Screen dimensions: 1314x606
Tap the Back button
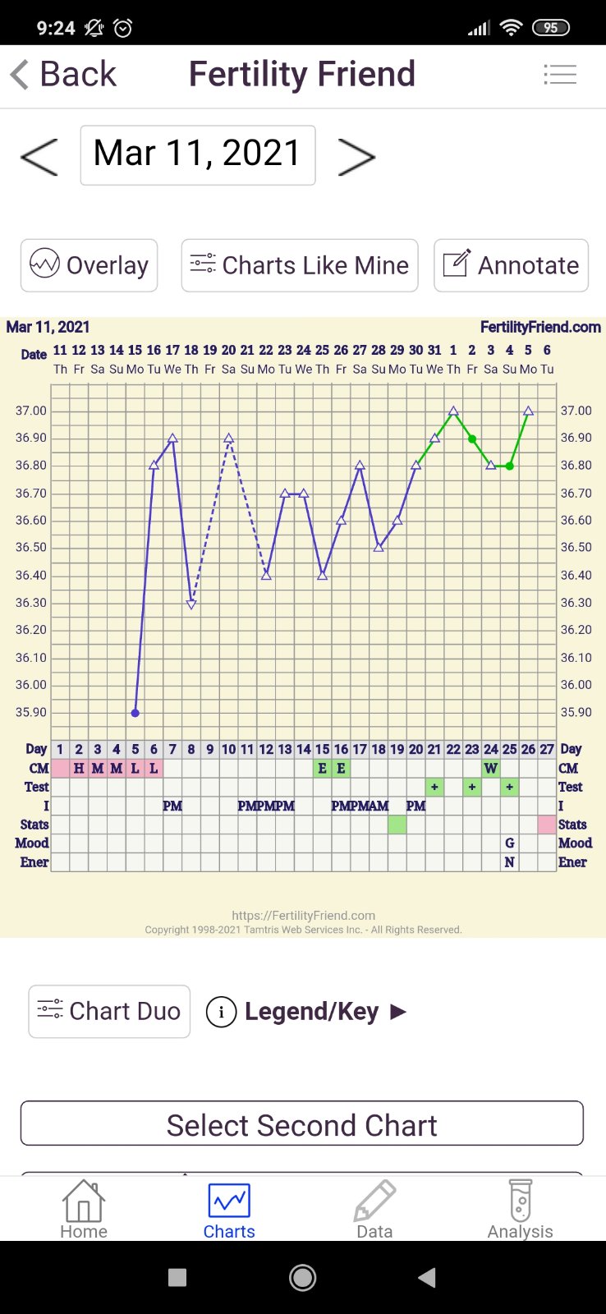pos(64,75)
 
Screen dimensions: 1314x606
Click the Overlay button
pos(89,265)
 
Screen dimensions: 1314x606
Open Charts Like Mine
pos(300,265)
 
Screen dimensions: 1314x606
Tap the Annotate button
pos(511,265)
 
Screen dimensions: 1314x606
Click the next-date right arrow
pos(356,156)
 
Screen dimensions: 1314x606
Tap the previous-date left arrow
pos(39,156)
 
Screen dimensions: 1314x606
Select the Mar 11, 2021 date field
pos(198,154)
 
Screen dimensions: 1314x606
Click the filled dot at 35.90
pos(135,713)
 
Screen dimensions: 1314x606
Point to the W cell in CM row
pos(491,769)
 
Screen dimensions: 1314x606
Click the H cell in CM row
pos(79,769)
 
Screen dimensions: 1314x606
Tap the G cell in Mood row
pos(510,843)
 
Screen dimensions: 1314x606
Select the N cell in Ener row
pos(510,862)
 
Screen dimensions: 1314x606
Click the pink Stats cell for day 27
pos(547,825)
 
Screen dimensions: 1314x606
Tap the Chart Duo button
pos(109,1011)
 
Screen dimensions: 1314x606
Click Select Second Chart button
pos(302,1124)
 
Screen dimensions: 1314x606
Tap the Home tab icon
pos(84,1201)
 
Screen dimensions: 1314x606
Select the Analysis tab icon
pos(521,1201)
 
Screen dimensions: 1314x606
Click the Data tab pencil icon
pos(374,1201)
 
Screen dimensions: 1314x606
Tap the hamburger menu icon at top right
pos(560,75)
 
